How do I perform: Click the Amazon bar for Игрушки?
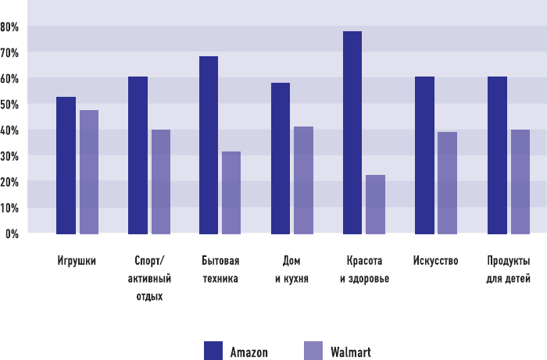[66, 166]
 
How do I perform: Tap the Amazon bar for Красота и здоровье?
[352, 133]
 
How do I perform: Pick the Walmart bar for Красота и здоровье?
[375, 205]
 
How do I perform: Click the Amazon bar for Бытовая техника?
[209, 145]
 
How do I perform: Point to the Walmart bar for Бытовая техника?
[231, 193]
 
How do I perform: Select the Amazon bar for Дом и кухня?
[281, 159]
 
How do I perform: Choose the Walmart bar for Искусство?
[447, 183]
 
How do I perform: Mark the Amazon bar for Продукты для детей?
[497, 155]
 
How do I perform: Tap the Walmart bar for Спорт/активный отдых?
[161, 182]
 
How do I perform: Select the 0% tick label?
[12, 233]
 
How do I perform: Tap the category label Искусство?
[435, 261]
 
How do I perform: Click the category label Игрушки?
[77, 261]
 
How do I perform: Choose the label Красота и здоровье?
[364, 269]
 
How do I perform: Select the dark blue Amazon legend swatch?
[213, 351]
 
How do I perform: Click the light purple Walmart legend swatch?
[313, 351]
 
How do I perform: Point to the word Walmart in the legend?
[350, 351]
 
